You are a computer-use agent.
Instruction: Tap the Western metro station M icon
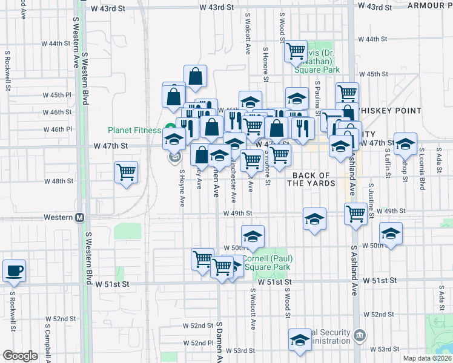(79, 218)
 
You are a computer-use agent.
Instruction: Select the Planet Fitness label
(134, 129)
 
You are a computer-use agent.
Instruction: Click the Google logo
(20, 356)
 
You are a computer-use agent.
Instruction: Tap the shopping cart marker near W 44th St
(297, 52)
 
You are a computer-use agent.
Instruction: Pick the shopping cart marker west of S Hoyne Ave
(126, 172)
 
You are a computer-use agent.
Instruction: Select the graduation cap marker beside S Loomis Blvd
(406, 144)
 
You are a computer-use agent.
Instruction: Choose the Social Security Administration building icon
(359, 334)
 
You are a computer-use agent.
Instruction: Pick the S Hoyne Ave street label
(181, 188)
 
